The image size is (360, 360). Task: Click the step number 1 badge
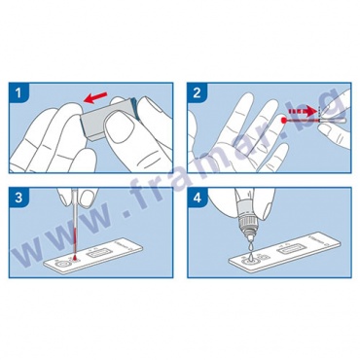click(x=18, y=93)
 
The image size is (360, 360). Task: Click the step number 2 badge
click(x=197, y=93)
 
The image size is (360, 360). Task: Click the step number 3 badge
click(x=18, y=198)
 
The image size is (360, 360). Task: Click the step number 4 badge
click(x=197, y=198)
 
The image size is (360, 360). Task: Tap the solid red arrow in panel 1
click(x=95, y=97)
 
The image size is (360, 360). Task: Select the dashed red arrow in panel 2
click(x=303, y=112)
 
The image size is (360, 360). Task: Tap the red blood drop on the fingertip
click(x=283, y=121)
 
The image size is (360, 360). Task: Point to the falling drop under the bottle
click(x=251, y=247)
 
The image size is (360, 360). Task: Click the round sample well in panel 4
click(x=249, y=259)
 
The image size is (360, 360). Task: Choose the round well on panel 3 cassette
click(x=62, y=265)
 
